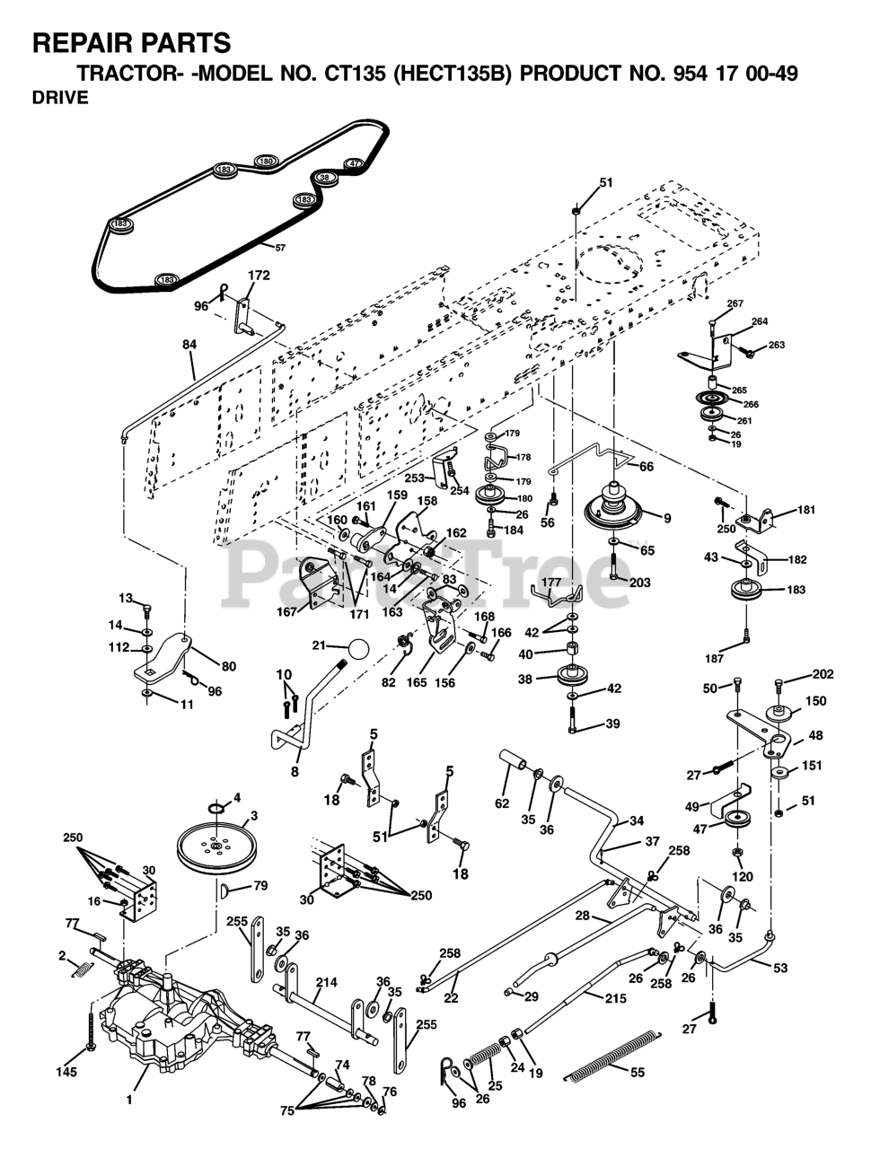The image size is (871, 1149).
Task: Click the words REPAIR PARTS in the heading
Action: [132, 42]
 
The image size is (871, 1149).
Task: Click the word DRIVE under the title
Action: [60, 99]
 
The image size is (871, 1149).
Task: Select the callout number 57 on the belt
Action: [280, 247]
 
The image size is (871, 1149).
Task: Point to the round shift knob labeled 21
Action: [357, 648]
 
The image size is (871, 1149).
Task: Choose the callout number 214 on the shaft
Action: [327, 983]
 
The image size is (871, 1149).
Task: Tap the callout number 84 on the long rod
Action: [189, 344]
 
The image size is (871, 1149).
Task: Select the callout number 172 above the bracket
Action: [259, 276]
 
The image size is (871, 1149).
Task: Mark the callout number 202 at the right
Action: [823, 674]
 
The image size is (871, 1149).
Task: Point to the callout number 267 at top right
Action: [735, 304]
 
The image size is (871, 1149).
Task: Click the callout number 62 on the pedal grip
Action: [501, 803]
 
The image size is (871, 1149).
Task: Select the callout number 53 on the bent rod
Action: [779, 968]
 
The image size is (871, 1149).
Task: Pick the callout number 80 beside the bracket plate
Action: [228, 666]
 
